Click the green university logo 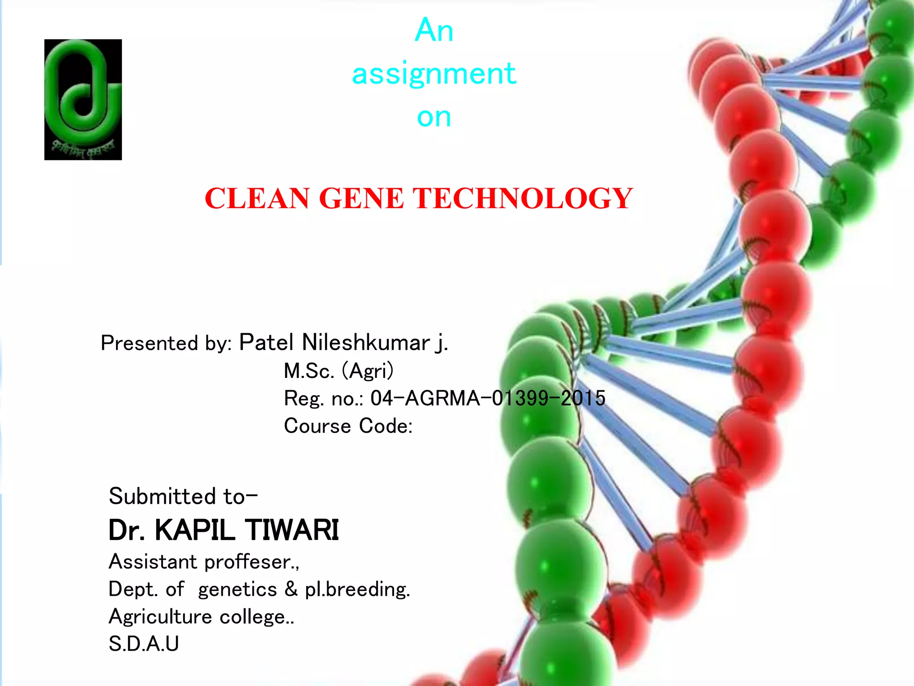(x=83, y=99)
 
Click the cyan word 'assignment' (x=434, y=74)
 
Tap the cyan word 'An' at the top (x=434, y=30)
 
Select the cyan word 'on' (x=434, y=117)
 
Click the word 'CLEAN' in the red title (x=257, y=198)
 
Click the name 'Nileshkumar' (x=366, y=343)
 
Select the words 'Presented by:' (x=166, y=343)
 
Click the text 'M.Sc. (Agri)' (x=339, y=371)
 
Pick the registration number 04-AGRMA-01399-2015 (x=488, y=398)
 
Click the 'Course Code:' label (x=348, y=426)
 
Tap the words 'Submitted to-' (x=183, y=496)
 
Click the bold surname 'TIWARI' (x=292, y=530)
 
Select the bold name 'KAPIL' (x=195, y=530)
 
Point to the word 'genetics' (x=237, y=590)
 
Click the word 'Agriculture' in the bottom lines (x=160, y=617)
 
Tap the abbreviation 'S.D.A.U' (x=144, y=644)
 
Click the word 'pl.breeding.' (x=357, y=590)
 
